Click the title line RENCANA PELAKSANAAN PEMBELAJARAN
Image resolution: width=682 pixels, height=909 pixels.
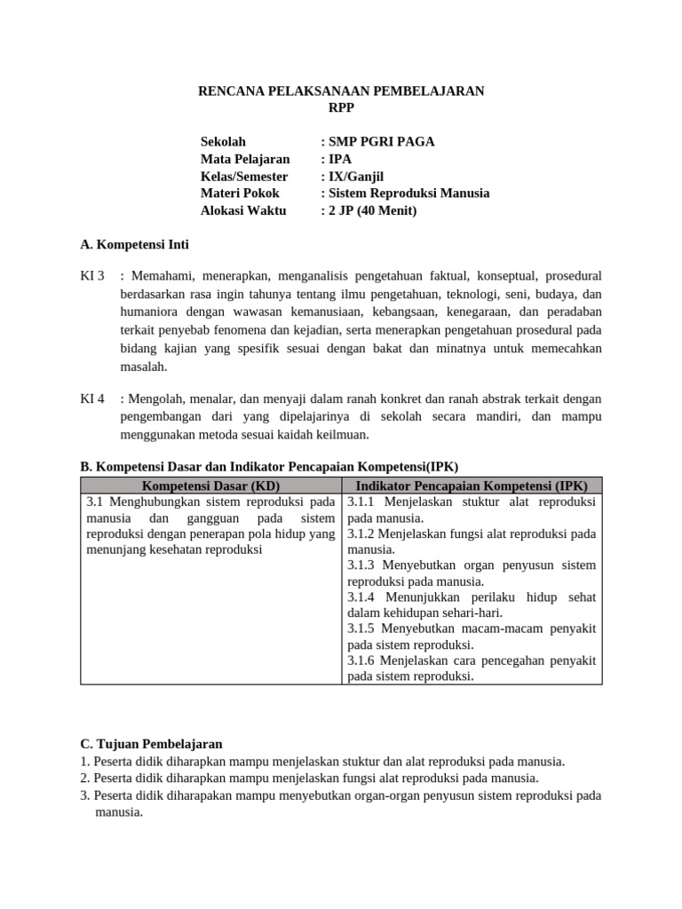coord(340,91)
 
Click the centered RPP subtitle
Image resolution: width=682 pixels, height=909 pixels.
coord(340,107)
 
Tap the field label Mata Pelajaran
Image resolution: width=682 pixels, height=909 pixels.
coord(245,159)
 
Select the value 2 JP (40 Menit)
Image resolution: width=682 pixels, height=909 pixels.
coord(372,210)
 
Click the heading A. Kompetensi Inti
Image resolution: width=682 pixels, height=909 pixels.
coord(134,244)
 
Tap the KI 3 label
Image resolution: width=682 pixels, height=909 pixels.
coord(92,276)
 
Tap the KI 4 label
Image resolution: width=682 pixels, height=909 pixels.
coord(92,399)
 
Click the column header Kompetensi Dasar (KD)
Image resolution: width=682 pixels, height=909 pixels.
coord(210,486)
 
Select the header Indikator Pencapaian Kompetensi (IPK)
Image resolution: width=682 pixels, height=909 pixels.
coord(472,486)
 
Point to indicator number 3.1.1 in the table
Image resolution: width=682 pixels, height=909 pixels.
coord(363,502)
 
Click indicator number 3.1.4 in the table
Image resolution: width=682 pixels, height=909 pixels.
coord(363,597)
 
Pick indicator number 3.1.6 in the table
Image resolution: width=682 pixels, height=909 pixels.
coord(363,660)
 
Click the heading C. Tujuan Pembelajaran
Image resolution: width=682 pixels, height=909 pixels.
coord(151,744)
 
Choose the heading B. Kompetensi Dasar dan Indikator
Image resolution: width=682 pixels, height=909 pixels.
coord(269,466)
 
